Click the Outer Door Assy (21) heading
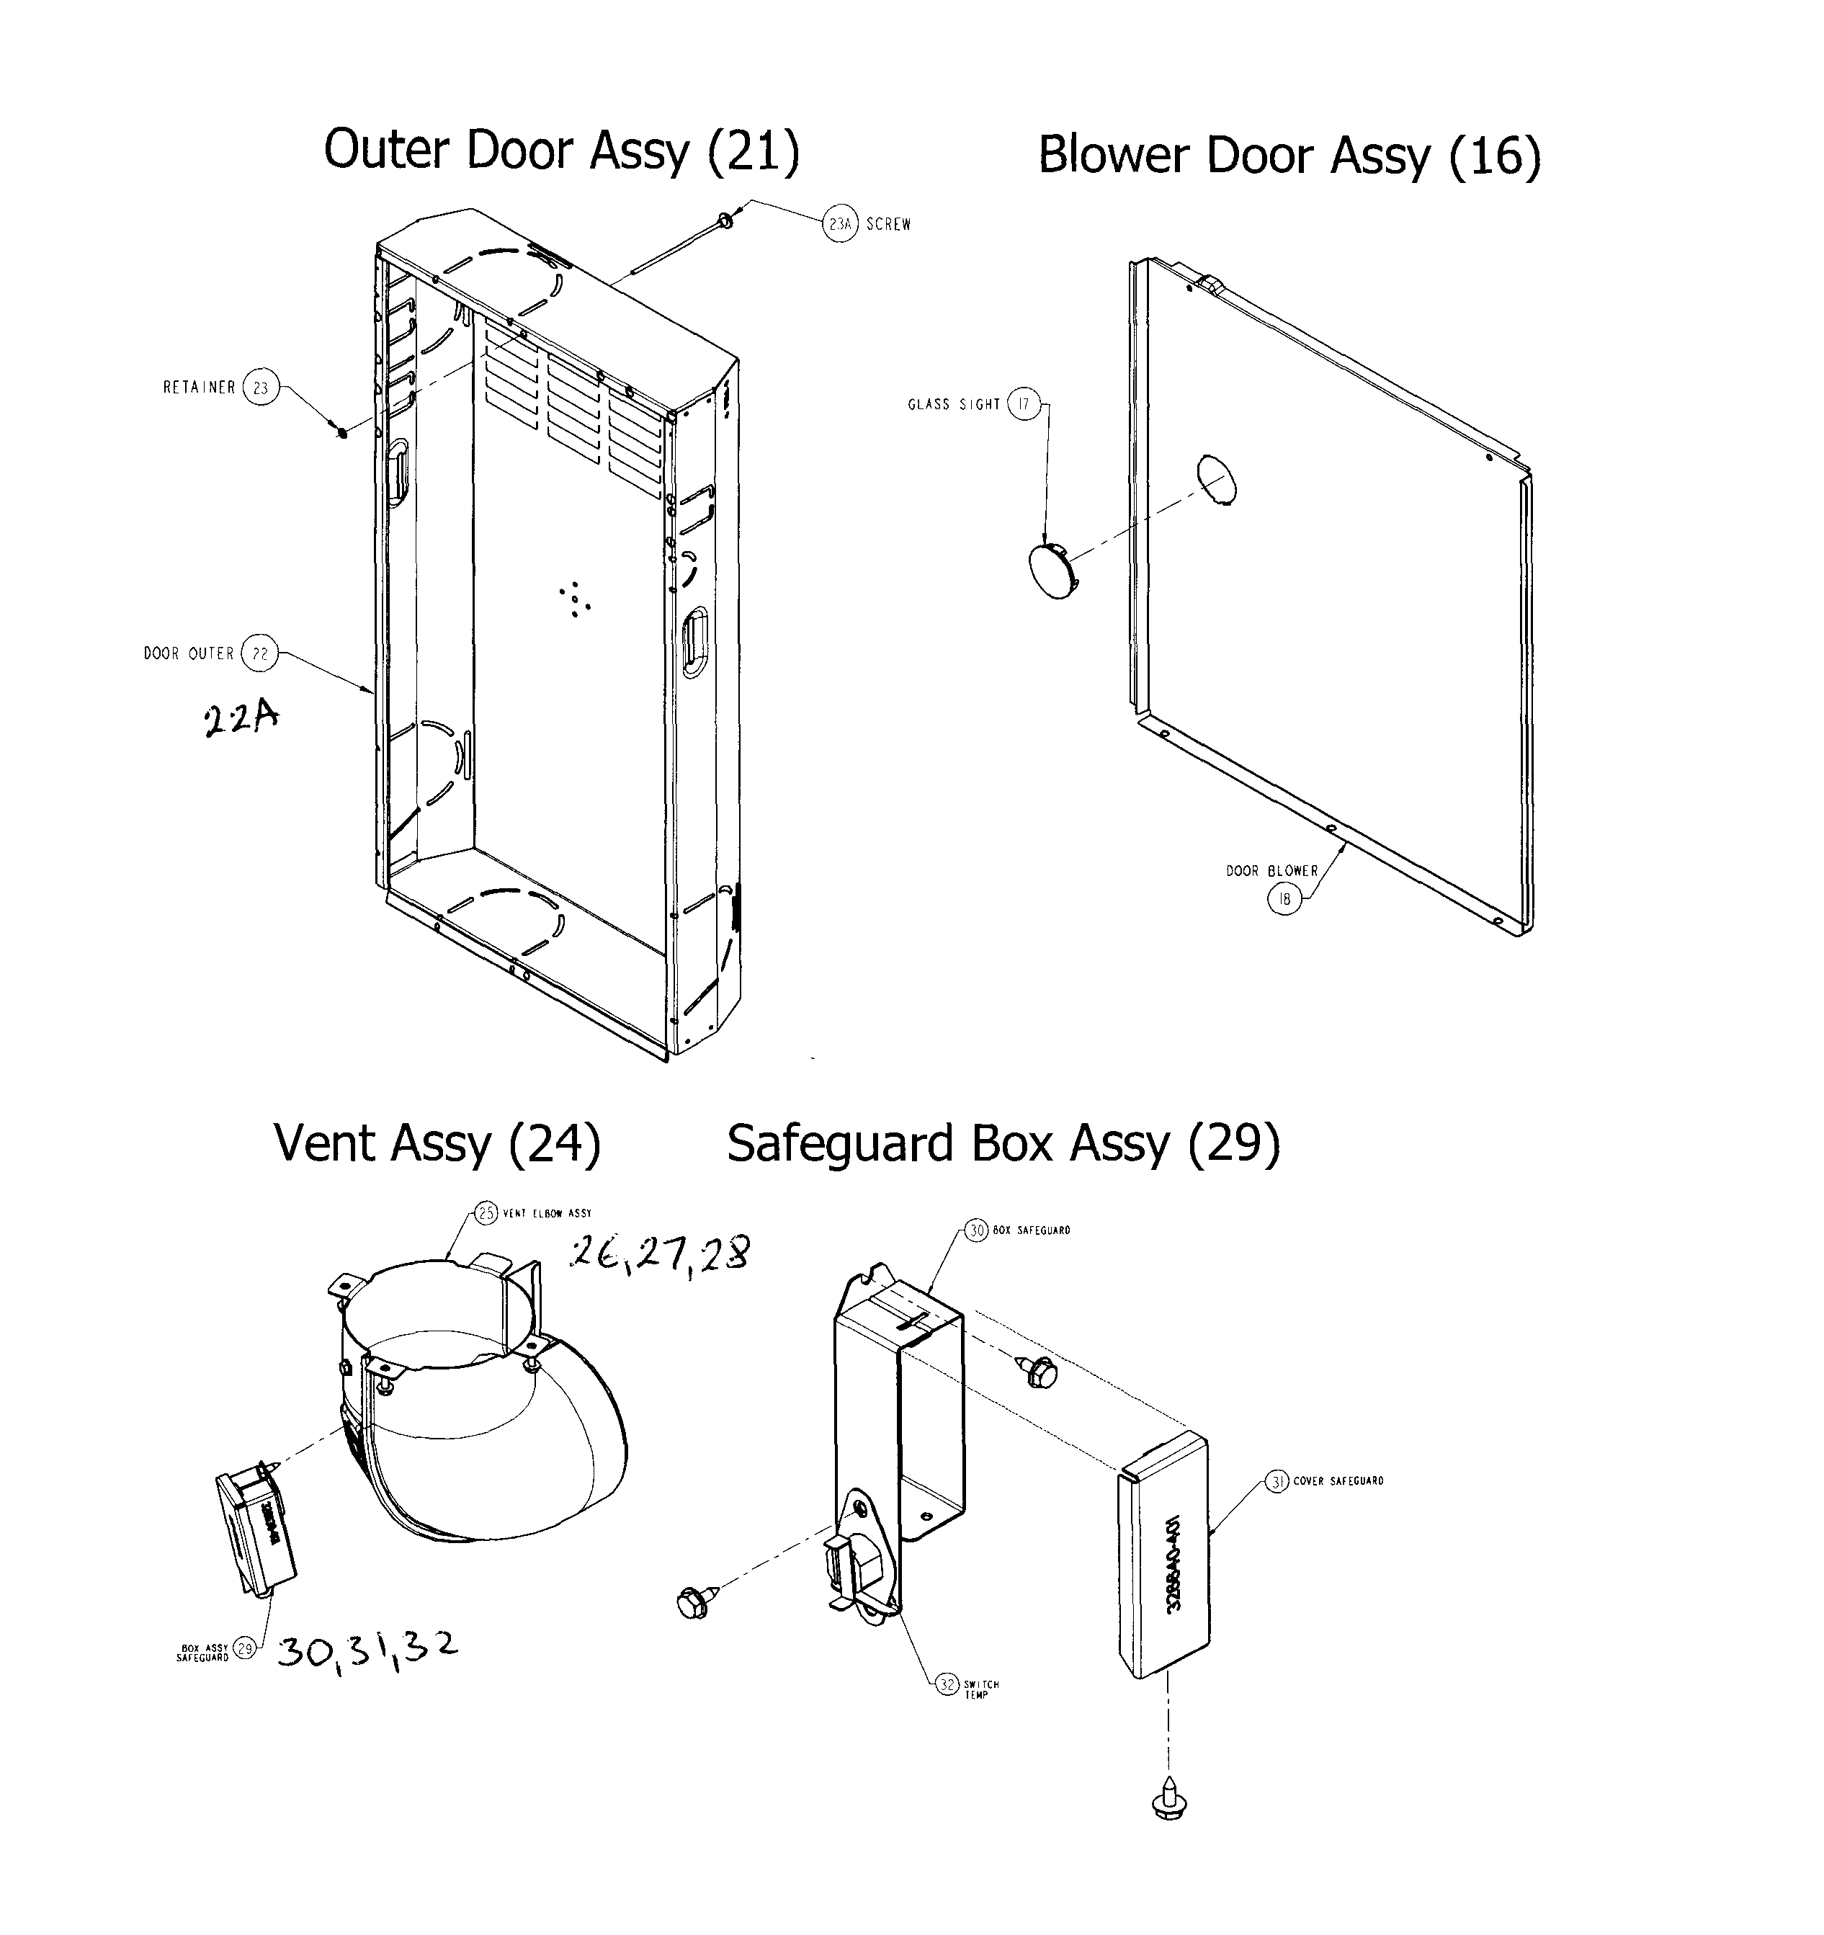point(562,152)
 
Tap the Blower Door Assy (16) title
point(1289,156)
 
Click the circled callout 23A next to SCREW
point(840,225)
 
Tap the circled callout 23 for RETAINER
point(260,388)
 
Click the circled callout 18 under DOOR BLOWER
point(1284,899)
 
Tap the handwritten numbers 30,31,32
point(367,1648)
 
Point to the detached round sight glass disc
point(1054,571)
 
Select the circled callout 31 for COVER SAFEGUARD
point(1277,1481)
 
